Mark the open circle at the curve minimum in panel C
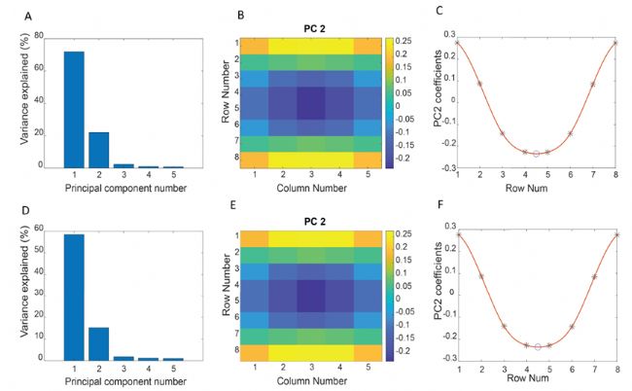tap(537, 154)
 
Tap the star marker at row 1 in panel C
tap(457, 43)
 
